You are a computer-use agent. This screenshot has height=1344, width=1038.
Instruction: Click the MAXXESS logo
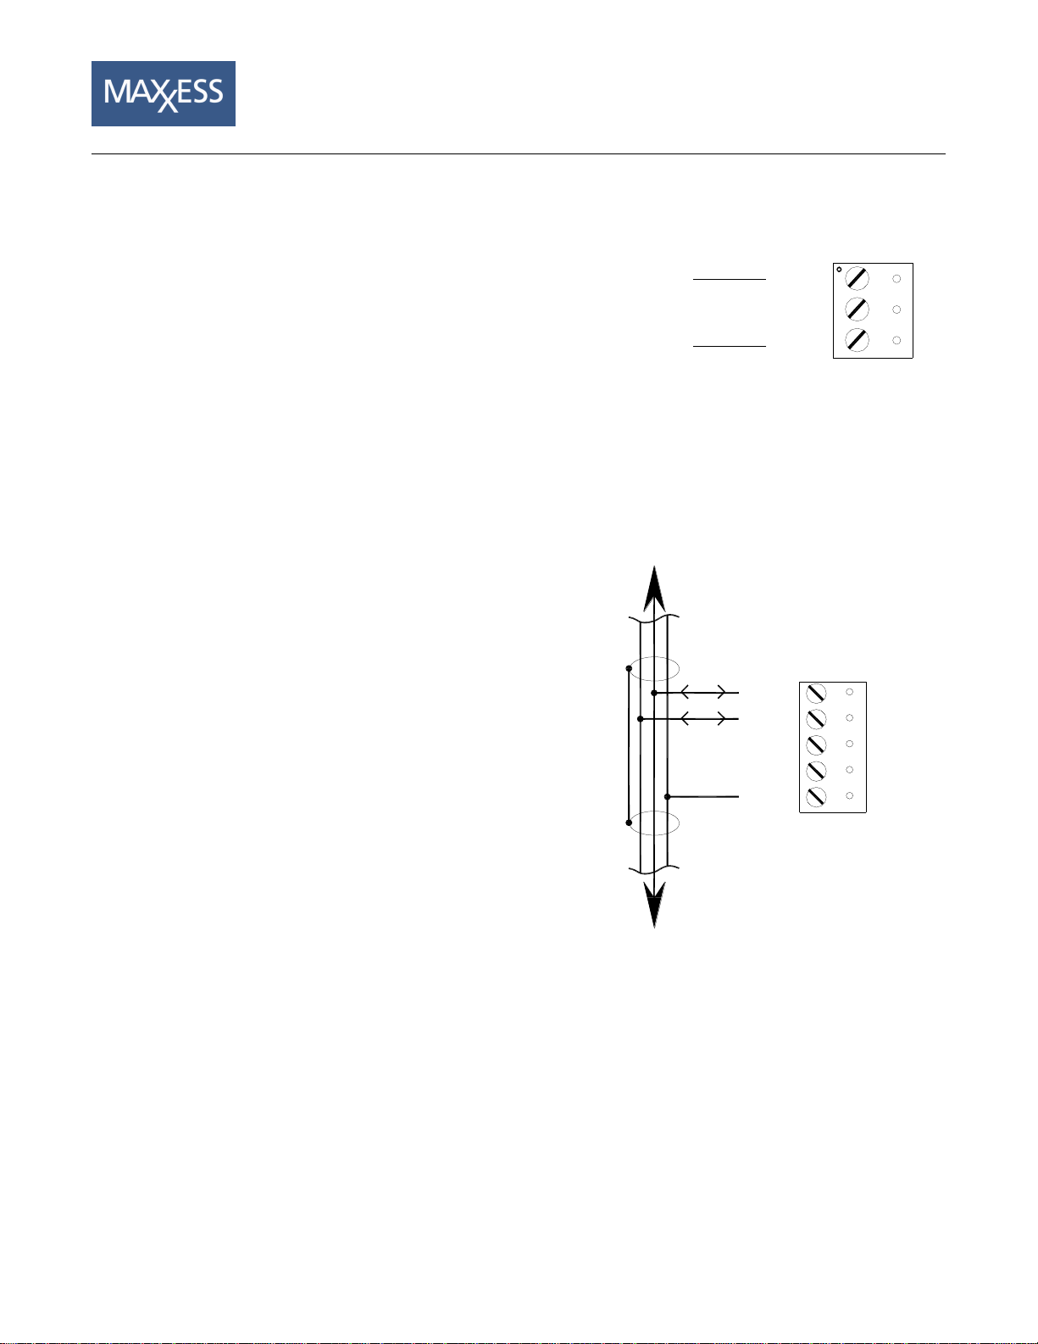tap(163, 93)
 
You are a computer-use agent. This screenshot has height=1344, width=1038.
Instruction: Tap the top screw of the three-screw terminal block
tap(857, 278)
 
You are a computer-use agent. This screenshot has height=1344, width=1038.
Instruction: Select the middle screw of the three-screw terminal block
tap(857, 309)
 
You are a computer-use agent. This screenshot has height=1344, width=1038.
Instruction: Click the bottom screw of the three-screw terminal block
tap(857, 339)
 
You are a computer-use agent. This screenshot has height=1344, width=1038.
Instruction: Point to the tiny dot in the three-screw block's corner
tap(839, 270)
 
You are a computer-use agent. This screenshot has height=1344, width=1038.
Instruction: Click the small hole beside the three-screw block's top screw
tap(896, 279)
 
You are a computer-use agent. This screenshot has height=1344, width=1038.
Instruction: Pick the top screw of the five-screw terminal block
tap(816, 694)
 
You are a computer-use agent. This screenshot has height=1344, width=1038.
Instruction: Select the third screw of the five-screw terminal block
tap(816, 744)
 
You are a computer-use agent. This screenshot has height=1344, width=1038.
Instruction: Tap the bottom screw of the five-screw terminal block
tap(816, 796)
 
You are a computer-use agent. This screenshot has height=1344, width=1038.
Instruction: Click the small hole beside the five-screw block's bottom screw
tap(850, 795)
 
